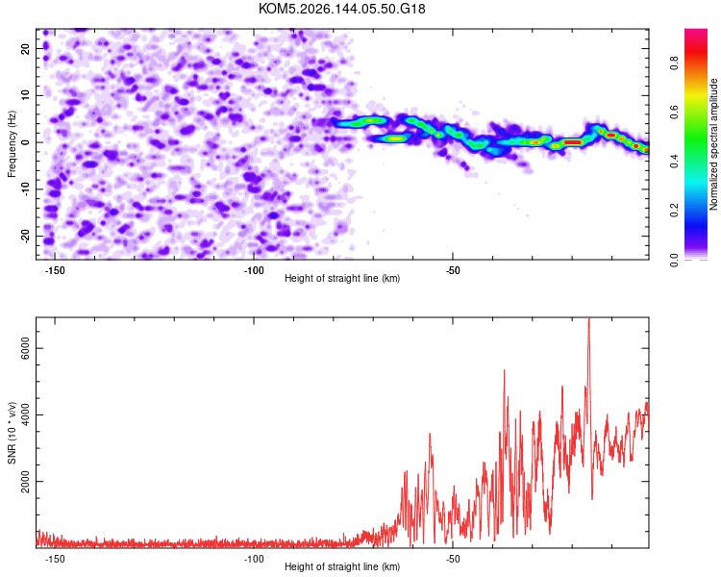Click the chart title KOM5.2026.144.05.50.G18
[341, 9]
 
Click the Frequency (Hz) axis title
[12, 144]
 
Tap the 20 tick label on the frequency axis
[26, 49]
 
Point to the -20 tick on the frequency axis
[26, 236]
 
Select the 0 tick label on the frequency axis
[26, 142]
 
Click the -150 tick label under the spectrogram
[55, 270]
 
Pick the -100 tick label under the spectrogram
[254, 270]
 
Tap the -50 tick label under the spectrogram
[453, 270]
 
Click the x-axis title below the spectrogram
[342, 278]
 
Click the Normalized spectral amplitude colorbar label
[713, 144]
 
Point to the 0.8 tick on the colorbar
[675, 63]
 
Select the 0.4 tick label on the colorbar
[675, 161]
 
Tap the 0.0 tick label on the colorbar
[675, 260]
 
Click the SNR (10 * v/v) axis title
[12, 433]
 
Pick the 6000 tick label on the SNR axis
[26, 348]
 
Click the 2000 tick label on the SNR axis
[26, 481]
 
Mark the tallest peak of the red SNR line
[589, 318]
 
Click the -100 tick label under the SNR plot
[254, 559]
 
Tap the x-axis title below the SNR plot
[342, 566]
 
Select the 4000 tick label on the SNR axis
[26, 415]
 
